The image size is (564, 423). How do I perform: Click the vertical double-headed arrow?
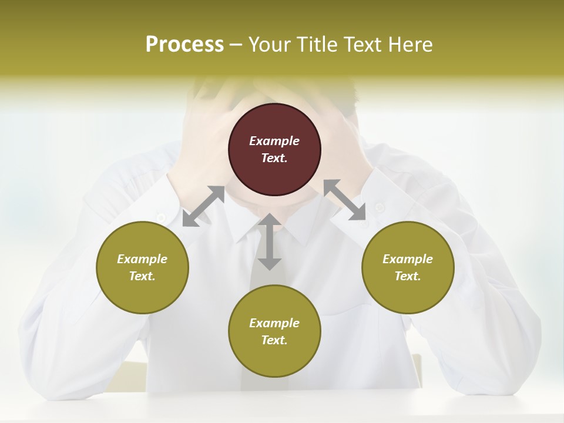(270, 241)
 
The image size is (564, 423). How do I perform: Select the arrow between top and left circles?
(204, 206)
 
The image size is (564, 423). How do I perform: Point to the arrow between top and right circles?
(345, 200)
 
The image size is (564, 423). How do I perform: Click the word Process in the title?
(184, 44)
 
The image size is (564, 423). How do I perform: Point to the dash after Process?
(236, 45)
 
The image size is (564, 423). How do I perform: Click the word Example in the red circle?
(274, 141)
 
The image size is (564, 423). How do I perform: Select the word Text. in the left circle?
(142, 276)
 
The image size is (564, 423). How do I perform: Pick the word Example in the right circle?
(408, 259)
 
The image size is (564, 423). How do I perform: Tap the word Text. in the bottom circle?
(274, 340)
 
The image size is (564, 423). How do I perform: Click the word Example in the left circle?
(142, 259)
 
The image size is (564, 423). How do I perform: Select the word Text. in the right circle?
(408, 276)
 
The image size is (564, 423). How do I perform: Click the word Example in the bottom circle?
(274, 323)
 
